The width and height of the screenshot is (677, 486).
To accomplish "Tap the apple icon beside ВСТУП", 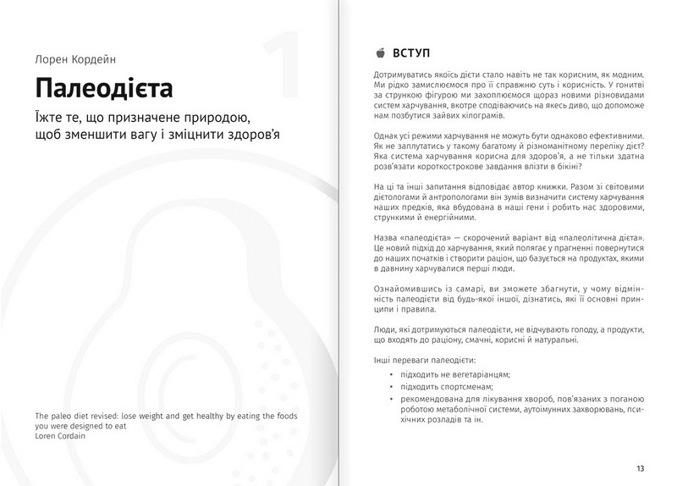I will pyautogui.click(x=377, y=52).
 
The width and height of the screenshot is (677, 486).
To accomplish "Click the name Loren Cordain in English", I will pyautogui.click(x=58, y=438).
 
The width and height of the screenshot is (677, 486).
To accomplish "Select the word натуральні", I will pyautogui.click(x=551, y=339).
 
